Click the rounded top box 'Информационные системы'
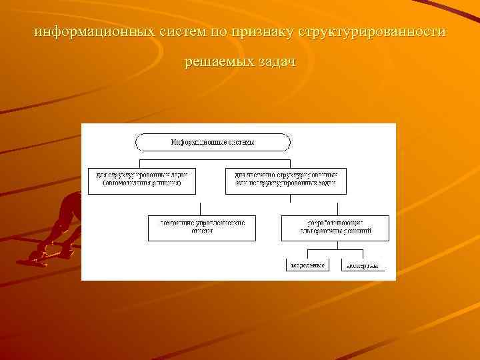(x=213, y=142)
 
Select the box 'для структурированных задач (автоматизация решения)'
(x=143, y=179)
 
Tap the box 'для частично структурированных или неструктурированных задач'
(x=286, y=179)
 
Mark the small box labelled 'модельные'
(x=307, y=265)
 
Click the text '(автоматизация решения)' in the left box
(x=143, y=183)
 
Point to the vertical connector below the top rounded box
(x=213, y=155)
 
